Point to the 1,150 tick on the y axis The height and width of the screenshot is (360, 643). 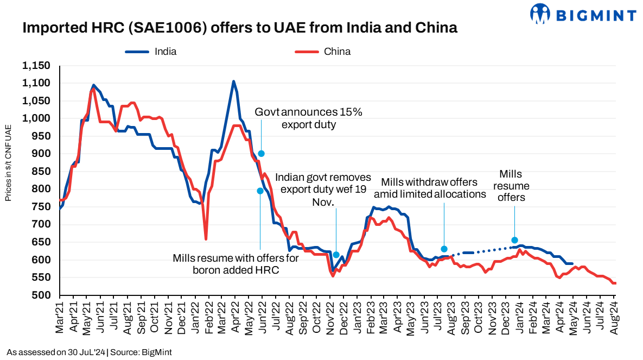point(36,66)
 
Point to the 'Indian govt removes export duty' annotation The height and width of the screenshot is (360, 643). point(323,190)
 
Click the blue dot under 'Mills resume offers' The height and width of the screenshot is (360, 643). point(514,240)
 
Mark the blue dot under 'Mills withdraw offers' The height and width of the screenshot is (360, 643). point(444,249)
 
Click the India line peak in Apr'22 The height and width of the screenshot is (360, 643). point(233,81)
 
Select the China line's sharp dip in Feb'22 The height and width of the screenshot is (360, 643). point(206,239)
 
